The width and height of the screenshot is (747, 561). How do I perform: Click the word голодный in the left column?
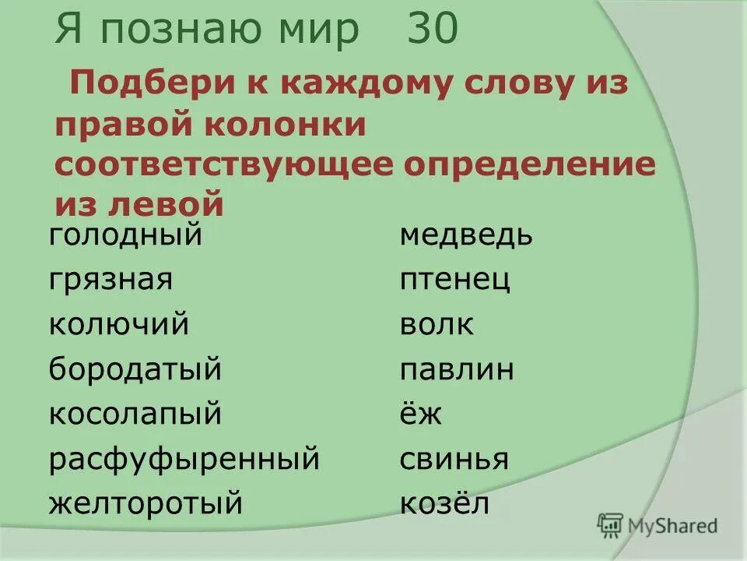[x=125, y=235]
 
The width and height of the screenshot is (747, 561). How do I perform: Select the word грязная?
[x=110, y=280]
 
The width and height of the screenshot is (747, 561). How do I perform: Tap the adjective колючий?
[x=118, y=324]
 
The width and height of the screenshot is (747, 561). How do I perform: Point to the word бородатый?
[x=135, y=369]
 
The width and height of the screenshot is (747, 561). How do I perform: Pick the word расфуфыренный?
[x=184, y=459]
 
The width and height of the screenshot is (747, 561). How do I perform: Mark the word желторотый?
[x=146, y=504]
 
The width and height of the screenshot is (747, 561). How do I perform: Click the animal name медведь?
[x=466, y=235]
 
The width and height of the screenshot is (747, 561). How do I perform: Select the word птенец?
[x=455, y=280]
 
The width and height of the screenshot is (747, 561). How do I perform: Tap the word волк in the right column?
[x=437, y=324]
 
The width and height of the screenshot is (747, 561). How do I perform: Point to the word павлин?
[x=457, y=369]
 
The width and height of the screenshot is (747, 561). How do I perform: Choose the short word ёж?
[x=421, y=413]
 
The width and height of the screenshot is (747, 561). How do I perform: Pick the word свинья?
[x=454, y=459]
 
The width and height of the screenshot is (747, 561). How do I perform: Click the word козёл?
[x=444, y=503]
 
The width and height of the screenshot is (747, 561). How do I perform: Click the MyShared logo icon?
[x=610, y=526]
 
